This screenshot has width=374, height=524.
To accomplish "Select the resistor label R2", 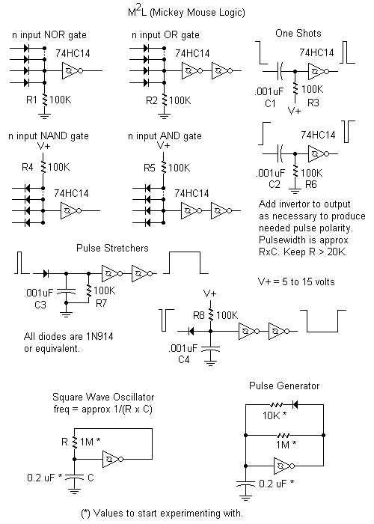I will click(152, 98).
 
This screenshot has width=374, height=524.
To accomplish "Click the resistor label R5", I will click(151, 167).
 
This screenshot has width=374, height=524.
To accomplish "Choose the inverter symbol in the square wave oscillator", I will click(110, 457).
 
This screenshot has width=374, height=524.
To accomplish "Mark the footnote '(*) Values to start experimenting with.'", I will click(160, 514).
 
